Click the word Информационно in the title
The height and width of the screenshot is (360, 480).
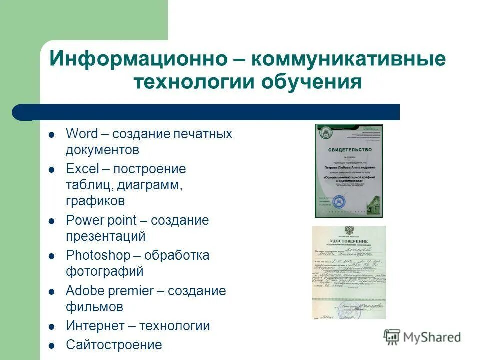click(x=138, y=59)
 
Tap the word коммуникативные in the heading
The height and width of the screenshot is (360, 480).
click(x=348, y=59)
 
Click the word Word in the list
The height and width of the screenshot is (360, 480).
click(x=82, y=134)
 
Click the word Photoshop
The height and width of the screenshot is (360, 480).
click(x=98, y=255)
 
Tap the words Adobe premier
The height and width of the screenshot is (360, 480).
click(x=109, y=291)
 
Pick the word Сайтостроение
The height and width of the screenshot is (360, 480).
click(x=114, y=345)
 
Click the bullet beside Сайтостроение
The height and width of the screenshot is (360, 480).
click(x=51, y=345)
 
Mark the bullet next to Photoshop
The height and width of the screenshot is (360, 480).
click(x=51, y=256)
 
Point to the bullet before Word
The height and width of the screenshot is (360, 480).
click(x=51, y=134)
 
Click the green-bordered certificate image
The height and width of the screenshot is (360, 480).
click(x=348, y=171)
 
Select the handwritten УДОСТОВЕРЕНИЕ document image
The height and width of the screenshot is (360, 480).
click(x=349, y=272)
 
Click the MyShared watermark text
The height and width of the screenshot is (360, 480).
click(x=432, y=337)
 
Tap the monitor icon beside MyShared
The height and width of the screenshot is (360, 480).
click(x=392, y=337)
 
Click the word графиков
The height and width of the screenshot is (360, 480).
click(x=95, y=201)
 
